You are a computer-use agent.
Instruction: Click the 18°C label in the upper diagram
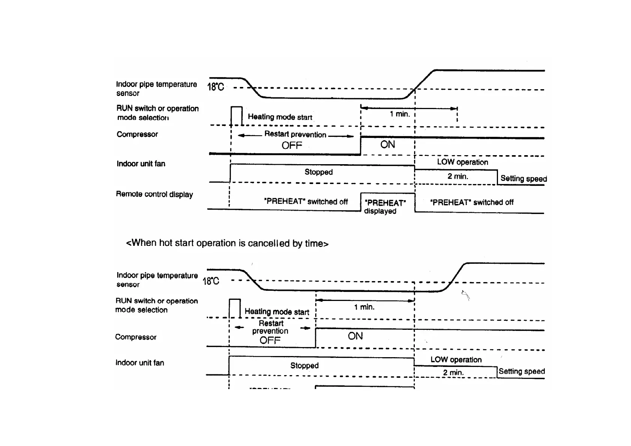(x=215, y=87)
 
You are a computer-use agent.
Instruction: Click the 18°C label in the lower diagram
(x=211, y=281)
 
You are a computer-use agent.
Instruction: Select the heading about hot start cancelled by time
(x=227, y=243)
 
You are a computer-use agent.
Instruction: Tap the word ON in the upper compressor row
(x=387, y=145)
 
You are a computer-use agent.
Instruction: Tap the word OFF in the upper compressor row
(x=292, y=145)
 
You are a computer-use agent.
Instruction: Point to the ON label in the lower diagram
(x=355, y=336)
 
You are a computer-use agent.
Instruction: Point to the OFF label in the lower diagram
(x=270, y=340)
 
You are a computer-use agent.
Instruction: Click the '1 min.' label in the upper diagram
(x=400, y=114)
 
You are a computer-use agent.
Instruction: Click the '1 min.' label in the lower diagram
(x=364, y=307)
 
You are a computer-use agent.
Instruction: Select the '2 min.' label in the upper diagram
(x=458, y=177)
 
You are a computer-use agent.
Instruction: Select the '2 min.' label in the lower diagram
(x=453, y=373)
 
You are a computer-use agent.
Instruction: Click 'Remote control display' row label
(x=154, y=194)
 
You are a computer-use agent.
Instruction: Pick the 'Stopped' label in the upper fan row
(x=318, y=172)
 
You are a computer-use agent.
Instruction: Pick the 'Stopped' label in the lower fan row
(x=304, y=365)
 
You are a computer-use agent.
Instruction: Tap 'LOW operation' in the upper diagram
(x=462, y=162)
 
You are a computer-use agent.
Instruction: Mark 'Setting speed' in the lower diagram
(x=522, y=371)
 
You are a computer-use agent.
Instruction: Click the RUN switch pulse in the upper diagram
(x=236, y=115)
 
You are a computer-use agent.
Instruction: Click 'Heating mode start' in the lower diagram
(x=277, y=312)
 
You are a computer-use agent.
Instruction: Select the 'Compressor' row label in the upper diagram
(x=137, y=134)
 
